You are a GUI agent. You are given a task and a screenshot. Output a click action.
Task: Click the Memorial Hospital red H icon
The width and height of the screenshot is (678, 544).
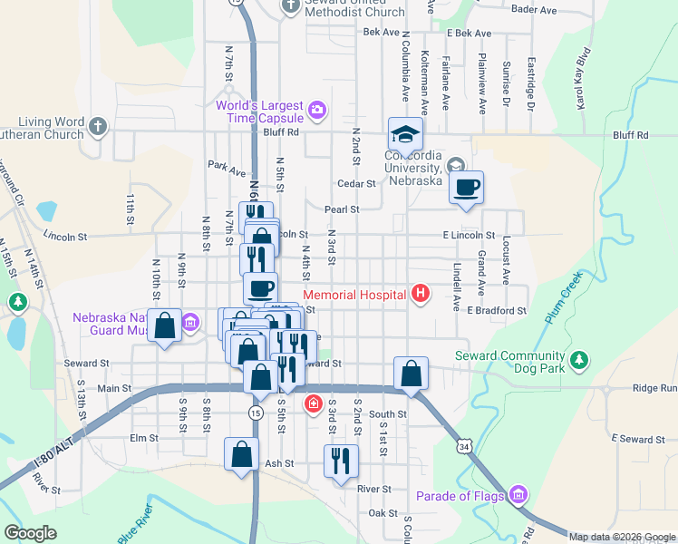[420, 293]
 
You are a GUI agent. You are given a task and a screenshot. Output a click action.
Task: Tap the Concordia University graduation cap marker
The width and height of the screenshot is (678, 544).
[405, 134]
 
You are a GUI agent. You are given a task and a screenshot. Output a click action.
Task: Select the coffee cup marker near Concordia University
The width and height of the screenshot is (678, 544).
[466, 188]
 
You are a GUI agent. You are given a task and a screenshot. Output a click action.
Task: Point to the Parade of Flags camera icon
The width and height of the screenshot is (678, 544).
[518, 495]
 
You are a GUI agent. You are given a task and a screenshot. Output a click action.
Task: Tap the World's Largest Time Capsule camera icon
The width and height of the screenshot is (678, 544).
[316, 111]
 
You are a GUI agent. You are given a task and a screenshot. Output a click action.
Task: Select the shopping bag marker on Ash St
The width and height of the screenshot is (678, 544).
[242, 455]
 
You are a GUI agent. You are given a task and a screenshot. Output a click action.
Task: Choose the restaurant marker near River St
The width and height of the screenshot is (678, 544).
[341, 461]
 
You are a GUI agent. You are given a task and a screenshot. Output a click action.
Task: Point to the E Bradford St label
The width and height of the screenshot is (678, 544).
[497, 310]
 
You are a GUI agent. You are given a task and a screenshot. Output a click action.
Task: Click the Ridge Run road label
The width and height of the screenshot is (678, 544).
[654, 388]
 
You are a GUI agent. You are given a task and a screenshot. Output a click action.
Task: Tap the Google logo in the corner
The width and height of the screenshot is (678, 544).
[31, 533]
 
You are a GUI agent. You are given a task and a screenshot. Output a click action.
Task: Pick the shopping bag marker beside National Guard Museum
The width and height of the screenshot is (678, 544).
[164, 326]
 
